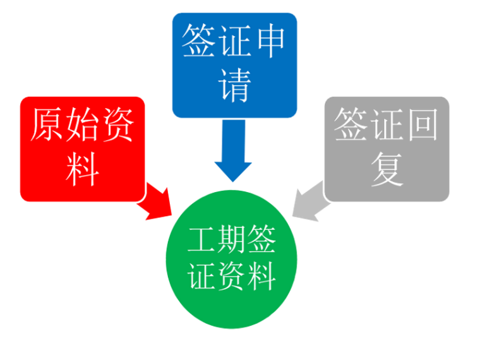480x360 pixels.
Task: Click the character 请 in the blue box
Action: tap(234, 85)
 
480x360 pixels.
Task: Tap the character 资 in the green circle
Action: tap(234, 277)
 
